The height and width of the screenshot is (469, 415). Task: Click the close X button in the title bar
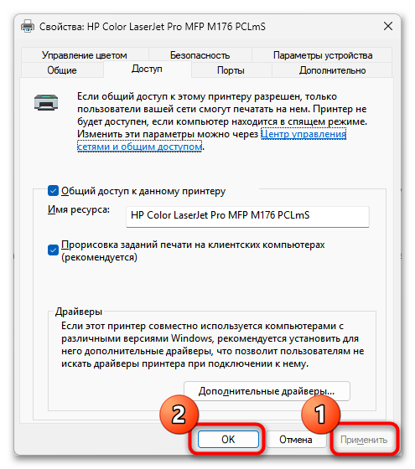(x=388, y=26)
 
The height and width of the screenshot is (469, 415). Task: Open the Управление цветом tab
(x=85, y=55)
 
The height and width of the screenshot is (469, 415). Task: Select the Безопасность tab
(x=200, y=55)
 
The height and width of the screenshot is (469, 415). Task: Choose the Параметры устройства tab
(x=323, y=55)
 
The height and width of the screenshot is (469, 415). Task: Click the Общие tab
(x=62, y=70)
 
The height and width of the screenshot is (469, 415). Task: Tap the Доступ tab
(x=147, y=69)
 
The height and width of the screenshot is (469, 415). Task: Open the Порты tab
(x=231, y=70)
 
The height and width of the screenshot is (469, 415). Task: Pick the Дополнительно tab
(x=332, y=70)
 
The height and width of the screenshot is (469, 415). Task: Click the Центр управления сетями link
(x=303, y=134)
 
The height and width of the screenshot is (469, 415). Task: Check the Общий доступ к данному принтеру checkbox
(x=53, y=191)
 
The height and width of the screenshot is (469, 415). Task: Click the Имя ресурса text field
(x=247, y=216)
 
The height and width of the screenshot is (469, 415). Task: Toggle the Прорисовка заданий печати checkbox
(x=53, y=250)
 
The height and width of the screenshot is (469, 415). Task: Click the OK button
(x=228, y=440)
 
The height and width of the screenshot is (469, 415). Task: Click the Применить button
(x=364, y=440)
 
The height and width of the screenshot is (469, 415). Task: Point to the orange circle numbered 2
(x=179, y=415)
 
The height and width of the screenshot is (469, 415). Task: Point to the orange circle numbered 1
(x=320, y=415)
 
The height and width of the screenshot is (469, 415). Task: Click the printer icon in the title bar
(x=28, y=26)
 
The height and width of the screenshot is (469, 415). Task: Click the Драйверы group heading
(x=79, y=312)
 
